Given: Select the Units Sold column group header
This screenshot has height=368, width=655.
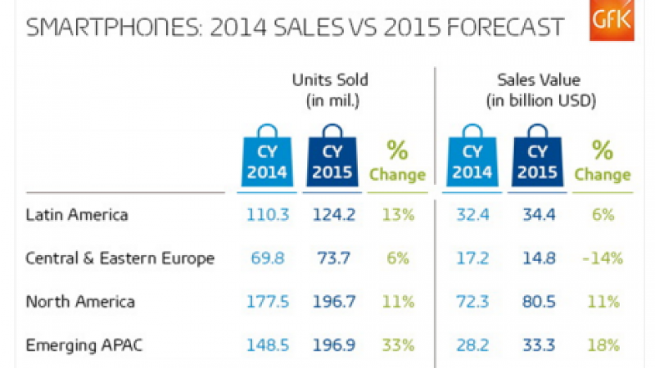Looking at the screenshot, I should click(x=331, y=90).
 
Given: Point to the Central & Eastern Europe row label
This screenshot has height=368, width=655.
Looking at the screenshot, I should click(x=120, y=258).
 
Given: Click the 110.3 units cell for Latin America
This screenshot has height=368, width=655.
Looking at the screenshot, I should click(x=268, y=216).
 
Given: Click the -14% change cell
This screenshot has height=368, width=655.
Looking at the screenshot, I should click(x=602, y=258).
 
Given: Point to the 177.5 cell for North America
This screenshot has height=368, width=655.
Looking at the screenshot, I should click(x=268, y=302).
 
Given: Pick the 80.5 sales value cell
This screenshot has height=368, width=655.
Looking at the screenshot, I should click(x=537, y=302).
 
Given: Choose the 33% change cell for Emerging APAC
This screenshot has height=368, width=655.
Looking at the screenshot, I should click(x=397, y=344).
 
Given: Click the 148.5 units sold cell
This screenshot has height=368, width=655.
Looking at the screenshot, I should click(x=268, y=344).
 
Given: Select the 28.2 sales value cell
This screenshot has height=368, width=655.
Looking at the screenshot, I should click(x=472, y=344).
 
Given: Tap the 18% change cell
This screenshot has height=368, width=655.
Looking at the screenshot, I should click(x=602, y=344).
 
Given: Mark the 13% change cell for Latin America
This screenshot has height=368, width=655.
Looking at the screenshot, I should click(x=397, y=216).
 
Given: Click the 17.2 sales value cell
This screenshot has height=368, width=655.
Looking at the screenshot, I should click(x=472, y=258).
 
